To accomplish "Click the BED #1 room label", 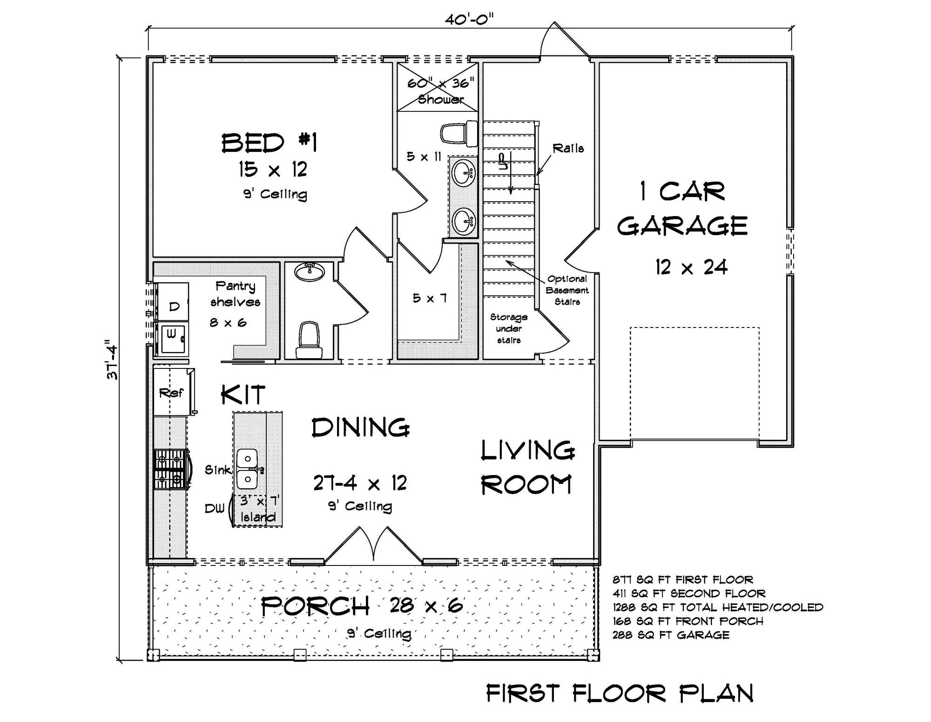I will point(269,143).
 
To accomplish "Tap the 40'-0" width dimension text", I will point(469,20).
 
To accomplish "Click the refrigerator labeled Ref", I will point(171,393).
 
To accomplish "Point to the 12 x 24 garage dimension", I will point(691,267).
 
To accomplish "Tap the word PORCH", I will point(315,606).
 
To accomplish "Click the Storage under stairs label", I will point(509,328).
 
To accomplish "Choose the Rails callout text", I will point(568,149).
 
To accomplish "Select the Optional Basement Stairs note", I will point(567,290).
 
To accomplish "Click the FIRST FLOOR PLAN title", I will point(620,694).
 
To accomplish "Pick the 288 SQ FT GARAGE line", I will point(671,635).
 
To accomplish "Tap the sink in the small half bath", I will point(310,272).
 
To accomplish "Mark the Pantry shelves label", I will point(235,294).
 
